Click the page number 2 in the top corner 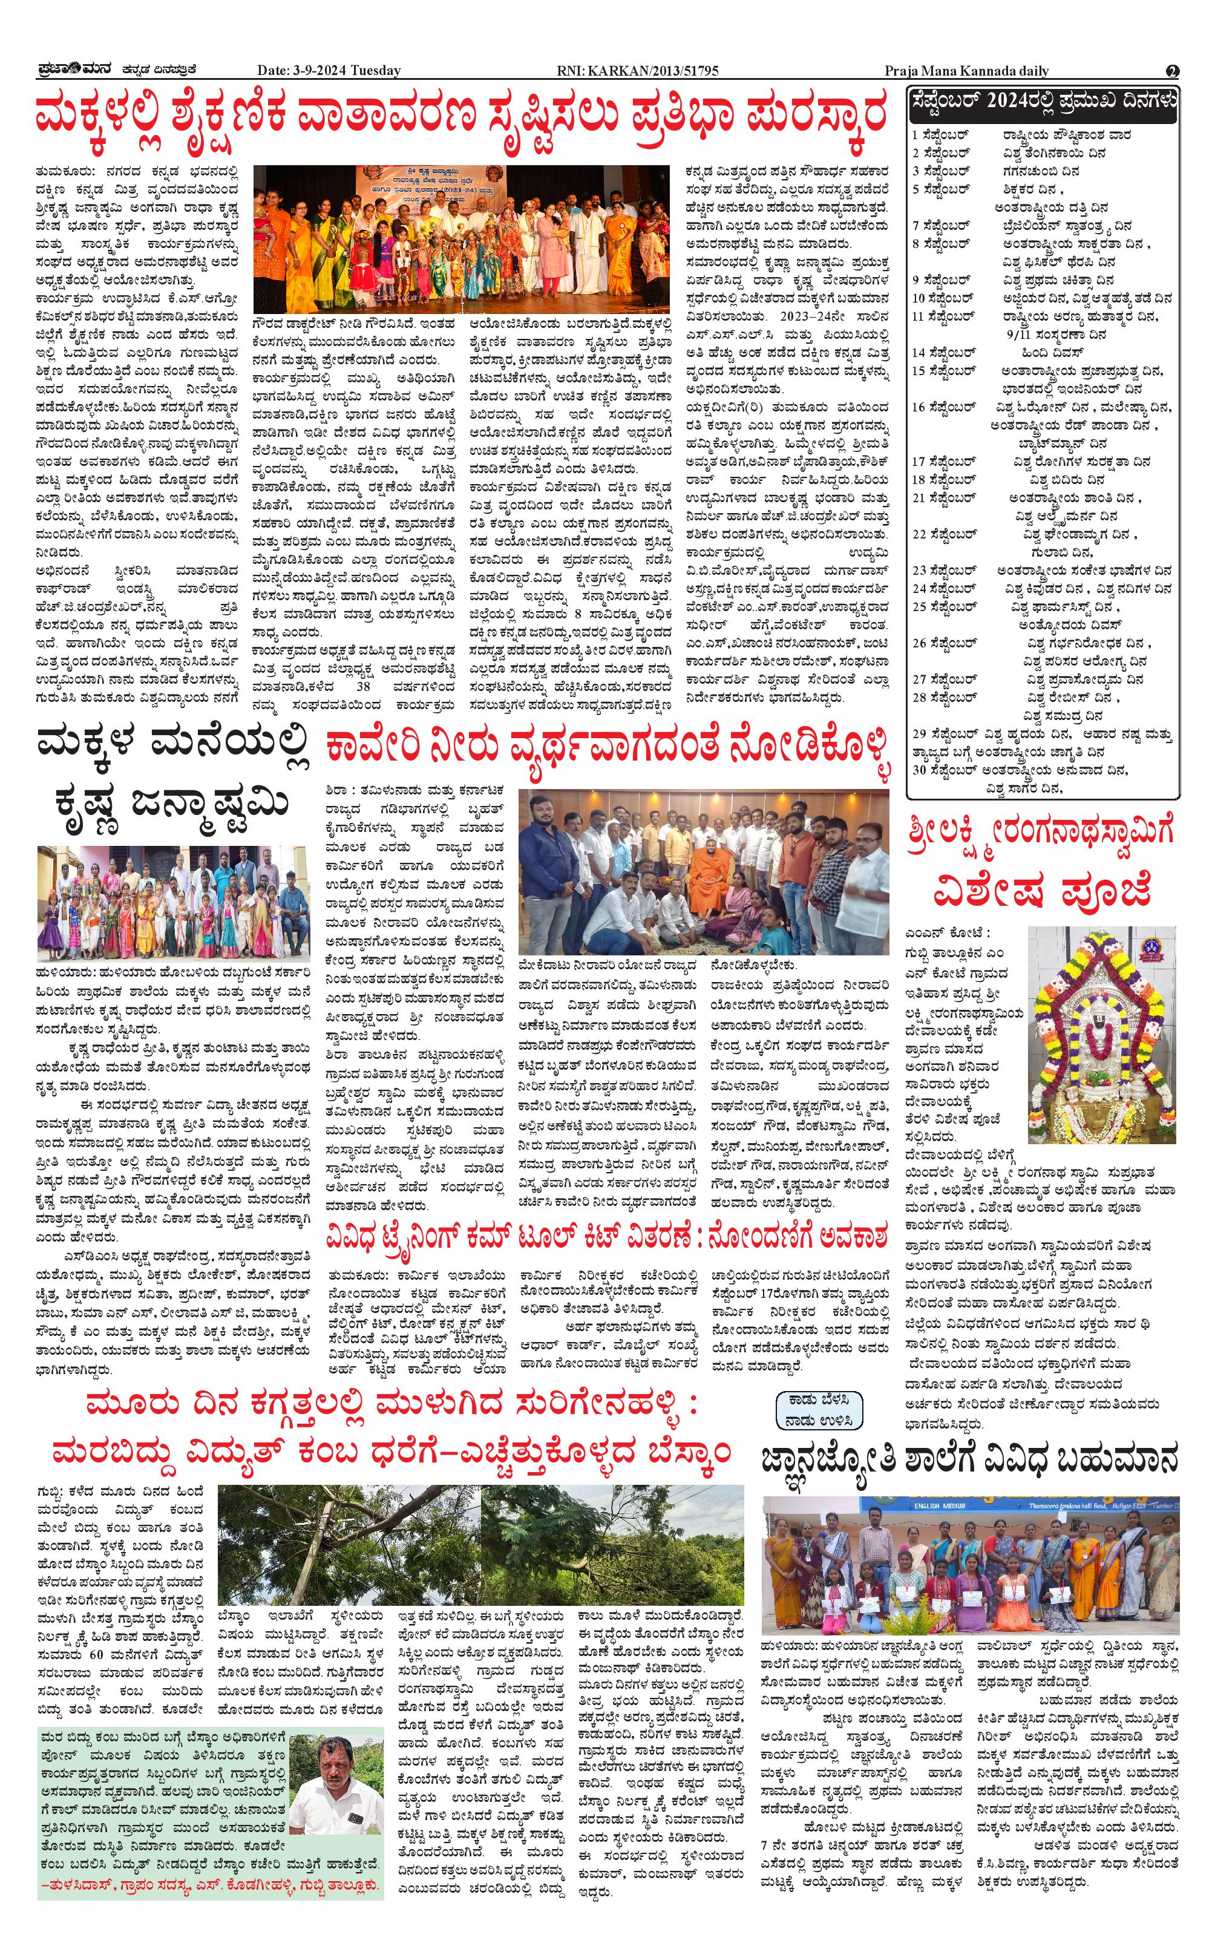coord(1173,71)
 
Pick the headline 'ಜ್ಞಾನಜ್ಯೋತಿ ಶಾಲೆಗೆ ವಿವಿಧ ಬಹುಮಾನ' coord(970,1456)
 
